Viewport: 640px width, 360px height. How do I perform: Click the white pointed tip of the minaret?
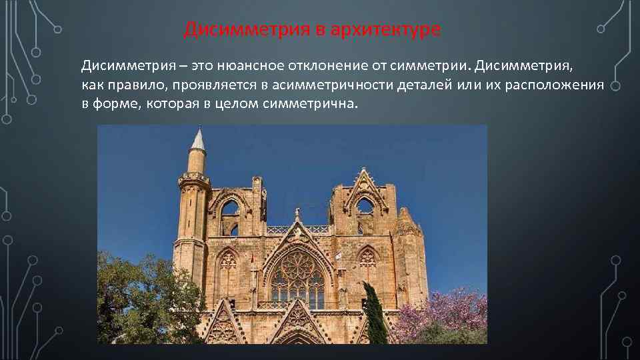(197, 138)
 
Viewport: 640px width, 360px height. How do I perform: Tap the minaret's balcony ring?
(194, 179)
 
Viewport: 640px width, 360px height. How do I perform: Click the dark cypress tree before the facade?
(375, 313)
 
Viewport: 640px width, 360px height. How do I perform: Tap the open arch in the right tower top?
(365, 207)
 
